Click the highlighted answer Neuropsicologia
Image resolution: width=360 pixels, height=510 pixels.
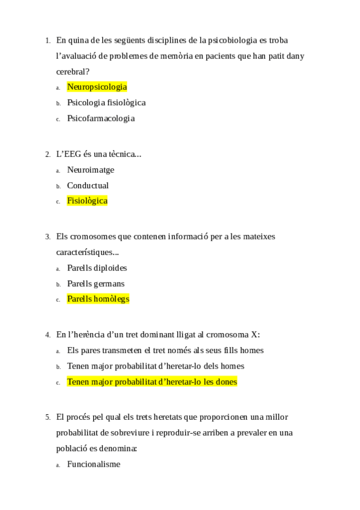coord(97,87)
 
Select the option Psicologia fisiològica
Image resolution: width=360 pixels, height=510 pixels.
coord(106,103)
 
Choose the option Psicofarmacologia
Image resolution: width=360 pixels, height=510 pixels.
coord(100,118)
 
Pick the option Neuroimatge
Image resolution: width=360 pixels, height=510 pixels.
coord(90,170)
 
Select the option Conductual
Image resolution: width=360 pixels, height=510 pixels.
coord(88,186)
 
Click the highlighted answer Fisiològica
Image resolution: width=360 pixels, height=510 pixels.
coord(87,201)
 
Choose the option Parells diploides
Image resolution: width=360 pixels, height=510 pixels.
coord(97,268)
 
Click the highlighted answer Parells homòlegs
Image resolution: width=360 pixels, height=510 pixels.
coord(98,300)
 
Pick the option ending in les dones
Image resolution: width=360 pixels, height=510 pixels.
coord(152,382)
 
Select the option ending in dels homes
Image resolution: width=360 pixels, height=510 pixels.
coord(155,366)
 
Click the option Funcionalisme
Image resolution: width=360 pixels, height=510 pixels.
coord(93,464)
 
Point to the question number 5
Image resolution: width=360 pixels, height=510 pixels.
coord(47,417)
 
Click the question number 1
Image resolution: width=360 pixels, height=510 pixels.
coord(47,41)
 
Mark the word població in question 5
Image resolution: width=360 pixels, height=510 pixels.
coord(73,449)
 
